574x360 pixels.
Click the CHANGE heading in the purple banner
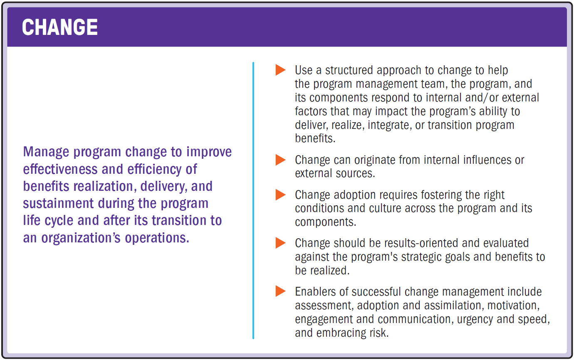(x=60, y=27)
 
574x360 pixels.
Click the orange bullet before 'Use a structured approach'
(x=281, y=70)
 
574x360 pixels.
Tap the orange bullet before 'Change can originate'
(x=281, y=160)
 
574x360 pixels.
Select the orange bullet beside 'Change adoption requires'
(x=281, y=194)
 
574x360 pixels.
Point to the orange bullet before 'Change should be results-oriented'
(x=281, y=243)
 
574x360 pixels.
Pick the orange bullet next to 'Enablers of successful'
(x=281, y=291)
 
